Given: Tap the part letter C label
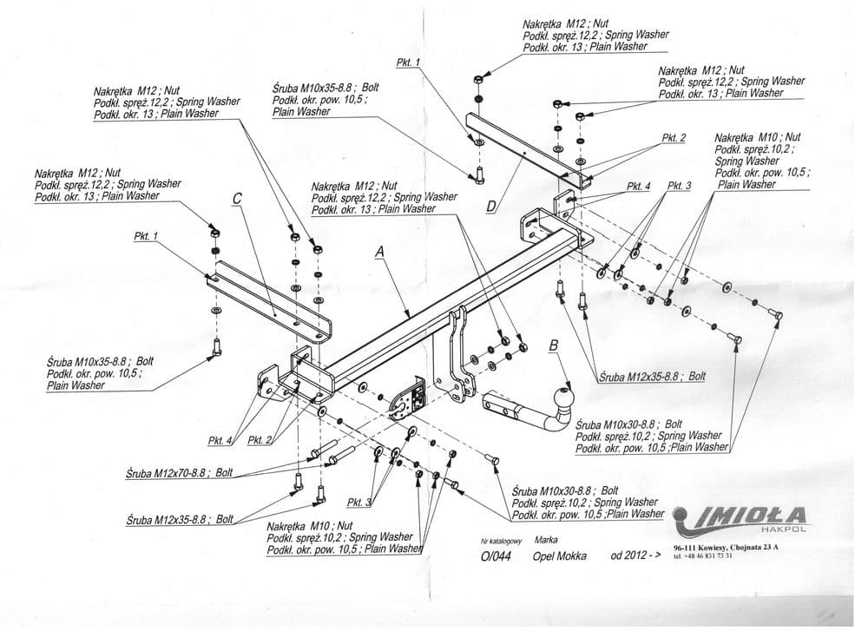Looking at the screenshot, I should pyautogui.click(x=237, y=199).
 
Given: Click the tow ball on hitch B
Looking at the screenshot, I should pyautogui.click(x=562, y=400).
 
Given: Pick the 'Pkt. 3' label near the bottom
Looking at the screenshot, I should pyautogui.click(x=358, y=503).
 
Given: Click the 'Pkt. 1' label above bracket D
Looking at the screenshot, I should pyautogui.click(x=407, y=62).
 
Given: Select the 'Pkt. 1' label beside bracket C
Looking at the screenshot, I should pyautogui.click(x=147, y=236).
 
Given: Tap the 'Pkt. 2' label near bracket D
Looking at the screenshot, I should pyautogui.click(x=674, y=137).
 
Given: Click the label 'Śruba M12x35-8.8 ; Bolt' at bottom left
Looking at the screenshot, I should pyautogui.click(x=180, y=519).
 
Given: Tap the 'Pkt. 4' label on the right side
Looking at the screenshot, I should pyautogui.click(x=639, y=187).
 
